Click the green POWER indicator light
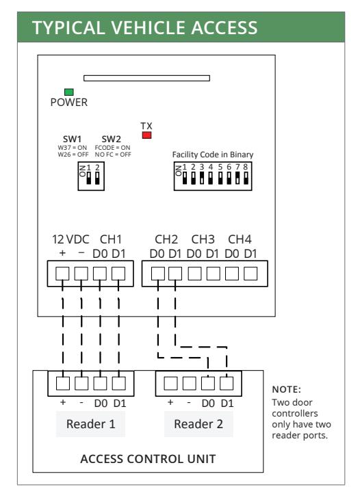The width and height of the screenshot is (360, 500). [x=69, y=92]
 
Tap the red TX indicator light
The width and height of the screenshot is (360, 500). [x=146, y=135]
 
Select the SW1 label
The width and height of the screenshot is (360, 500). [x=72, y=139]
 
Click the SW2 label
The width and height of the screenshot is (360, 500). [x=112, y=139]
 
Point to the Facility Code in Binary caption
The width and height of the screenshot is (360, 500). [x=213, y=155]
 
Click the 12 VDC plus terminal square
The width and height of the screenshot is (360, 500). [x=62, y=274]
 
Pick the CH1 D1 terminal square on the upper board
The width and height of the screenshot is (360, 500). [x=118, y=274]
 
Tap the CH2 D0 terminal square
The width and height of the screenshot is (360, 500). [x=158, y=274]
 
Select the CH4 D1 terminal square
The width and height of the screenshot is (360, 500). [x=250, y=274]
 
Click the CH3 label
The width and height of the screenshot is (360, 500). [x=203, y=239]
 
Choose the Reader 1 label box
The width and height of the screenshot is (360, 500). [x=90, y=424]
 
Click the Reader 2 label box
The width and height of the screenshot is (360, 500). [x=198, y=424]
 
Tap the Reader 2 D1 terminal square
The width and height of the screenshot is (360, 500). [x=227, y=383]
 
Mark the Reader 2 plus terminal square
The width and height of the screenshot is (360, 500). [x=170, y=383]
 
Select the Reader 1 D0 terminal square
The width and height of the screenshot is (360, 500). [x=100, y=383]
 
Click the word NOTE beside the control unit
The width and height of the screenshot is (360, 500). [x=286, y=389]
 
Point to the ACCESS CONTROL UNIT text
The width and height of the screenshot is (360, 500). [x=148, y=459]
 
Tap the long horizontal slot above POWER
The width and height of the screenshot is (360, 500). [x=146, y=78]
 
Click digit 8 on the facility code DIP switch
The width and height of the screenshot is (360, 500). [x=246, y=167]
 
